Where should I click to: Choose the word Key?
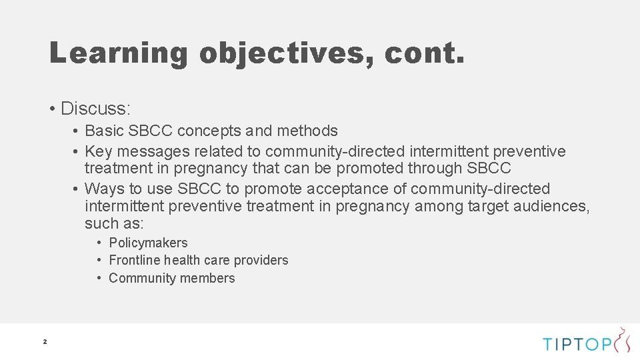[99, 152]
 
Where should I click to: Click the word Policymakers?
[148, 243]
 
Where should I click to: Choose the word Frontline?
[134, 260]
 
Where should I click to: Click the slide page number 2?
[45, 342]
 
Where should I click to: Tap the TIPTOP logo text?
[577, 344]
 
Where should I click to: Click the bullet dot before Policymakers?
[98, 243]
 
